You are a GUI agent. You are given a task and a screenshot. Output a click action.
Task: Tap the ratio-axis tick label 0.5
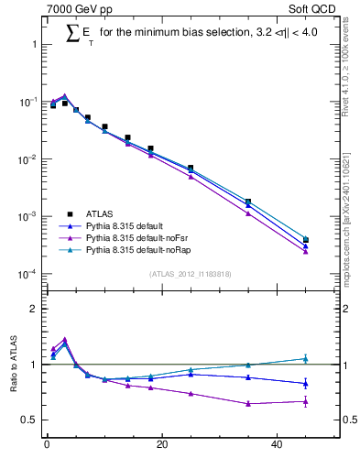28,420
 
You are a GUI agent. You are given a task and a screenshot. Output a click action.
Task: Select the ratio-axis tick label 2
33,309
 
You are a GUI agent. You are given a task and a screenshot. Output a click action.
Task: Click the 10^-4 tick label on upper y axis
26,274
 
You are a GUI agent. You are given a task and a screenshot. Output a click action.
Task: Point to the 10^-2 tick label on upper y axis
26,159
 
